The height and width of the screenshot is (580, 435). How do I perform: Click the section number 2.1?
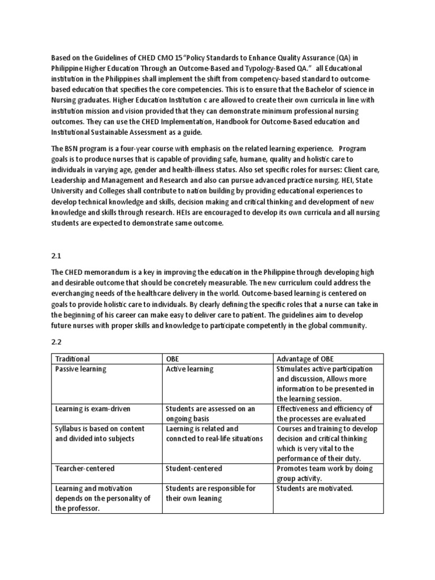[x=57, y=255]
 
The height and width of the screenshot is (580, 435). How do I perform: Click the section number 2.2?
[x=57, y=342]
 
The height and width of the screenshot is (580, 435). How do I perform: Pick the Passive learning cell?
[x=80, y=369]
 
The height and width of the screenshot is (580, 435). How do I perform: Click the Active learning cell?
[x=190, y=369]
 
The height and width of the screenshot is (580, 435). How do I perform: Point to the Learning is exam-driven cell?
[x=92, y=408]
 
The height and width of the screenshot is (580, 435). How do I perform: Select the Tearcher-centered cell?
[x=84, y=468]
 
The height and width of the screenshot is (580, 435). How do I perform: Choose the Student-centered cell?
[x=194, y=468]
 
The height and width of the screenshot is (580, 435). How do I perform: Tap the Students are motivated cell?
[x=315, y=488]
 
